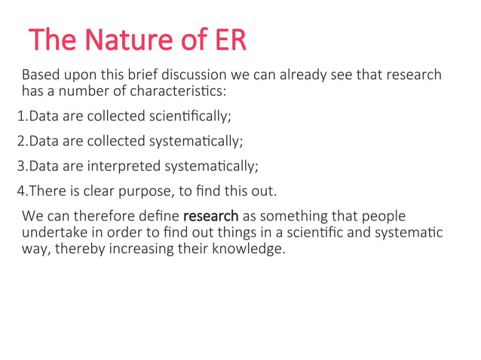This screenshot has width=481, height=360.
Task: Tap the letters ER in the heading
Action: tap(228, 40)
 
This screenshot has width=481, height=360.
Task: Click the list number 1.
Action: tap(20, 117)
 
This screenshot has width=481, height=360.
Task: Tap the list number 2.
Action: tap(20, 141)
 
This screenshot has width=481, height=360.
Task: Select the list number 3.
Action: tap(20, 166)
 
